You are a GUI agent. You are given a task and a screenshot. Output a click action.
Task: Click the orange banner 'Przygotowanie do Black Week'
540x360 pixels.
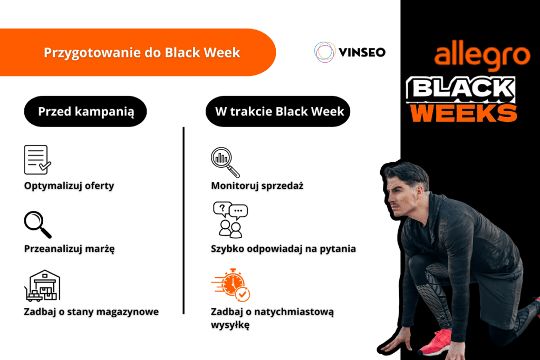point(141,53)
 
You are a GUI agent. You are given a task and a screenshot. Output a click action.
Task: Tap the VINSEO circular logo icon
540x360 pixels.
point(325,52)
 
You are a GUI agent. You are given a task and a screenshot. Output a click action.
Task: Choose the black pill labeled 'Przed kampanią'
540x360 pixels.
point(85,111)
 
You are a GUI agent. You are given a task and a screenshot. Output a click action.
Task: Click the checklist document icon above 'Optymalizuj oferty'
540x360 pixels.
point(37,160)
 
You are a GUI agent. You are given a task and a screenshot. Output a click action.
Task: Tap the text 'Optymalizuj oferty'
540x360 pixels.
point(69,186)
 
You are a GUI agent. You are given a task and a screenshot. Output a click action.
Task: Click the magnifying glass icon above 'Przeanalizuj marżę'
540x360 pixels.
point(37,224)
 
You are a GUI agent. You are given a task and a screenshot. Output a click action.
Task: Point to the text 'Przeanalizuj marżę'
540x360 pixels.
point(70,249)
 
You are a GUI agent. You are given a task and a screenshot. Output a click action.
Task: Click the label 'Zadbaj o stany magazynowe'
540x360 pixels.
point(91,312)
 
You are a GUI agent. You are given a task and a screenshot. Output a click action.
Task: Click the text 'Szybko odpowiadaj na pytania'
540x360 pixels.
point(283,249)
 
